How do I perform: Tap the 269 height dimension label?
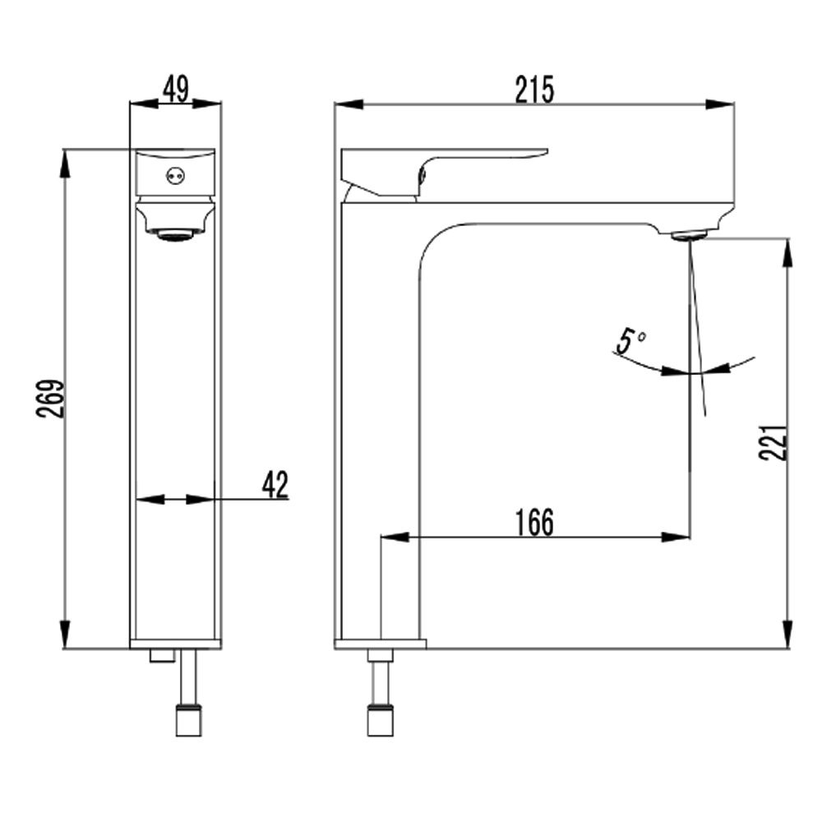point(51,399)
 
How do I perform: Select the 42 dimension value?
point(275,484)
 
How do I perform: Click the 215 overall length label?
point(534,90)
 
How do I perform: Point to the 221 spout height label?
point(773,442)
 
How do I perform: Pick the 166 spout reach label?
point(534,522)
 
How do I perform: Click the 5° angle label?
point(630,341)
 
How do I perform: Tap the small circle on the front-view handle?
point(175,177)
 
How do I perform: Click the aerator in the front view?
point(175,235)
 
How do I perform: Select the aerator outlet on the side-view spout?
point(689,235)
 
